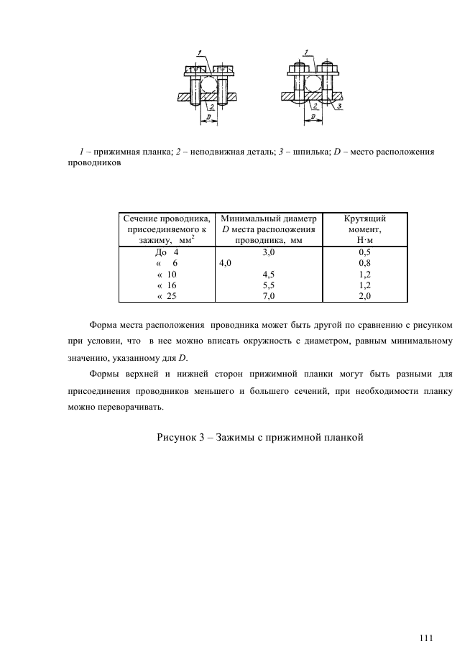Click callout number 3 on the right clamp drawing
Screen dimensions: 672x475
point(340,106)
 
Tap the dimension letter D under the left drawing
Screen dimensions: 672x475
point(208,116)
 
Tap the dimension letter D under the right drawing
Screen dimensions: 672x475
point(313,116)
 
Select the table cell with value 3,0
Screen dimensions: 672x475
point(269,253)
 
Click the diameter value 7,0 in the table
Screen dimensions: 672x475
point(269,295)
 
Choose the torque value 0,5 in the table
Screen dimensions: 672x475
point(365,253)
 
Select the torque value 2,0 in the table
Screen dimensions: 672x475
point(365,295)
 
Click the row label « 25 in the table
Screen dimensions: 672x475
point(166,295)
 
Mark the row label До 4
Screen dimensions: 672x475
point(166,253)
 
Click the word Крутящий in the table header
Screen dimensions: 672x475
point(365,218)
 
